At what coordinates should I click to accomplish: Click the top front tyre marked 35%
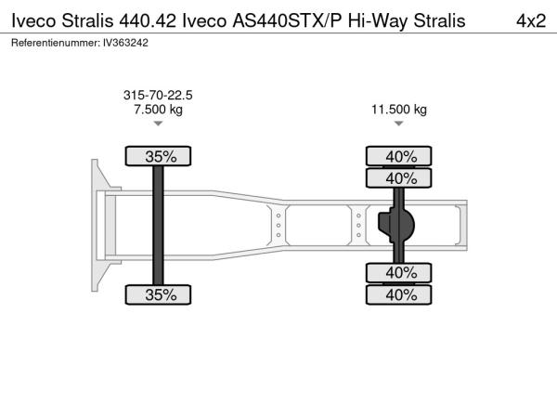[158, 156]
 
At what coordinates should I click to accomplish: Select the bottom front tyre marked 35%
[158, 294]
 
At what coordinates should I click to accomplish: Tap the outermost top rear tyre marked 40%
[399, 156]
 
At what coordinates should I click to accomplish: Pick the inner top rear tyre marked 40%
[399, 178]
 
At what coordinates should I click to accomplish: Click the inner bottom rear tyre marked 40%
[399, 273]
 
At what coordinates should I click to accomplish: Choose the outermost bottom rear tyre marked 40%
[399, 294]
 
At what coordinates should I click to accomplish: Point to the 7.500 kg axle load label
[158, 110]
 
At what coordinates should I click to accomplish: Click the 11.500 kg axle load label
[399, 110]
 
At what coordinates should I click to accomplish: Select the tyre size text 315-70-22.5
[158, 95]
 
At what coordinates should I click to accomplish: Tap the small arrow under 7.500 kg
[158, 124]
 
